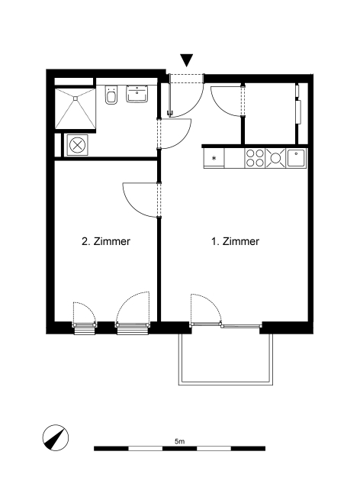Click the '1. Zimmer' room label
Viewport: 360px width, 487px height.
(x=235, y=241)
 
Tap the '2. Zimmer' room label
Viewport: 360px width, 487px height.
(x=106, y=241)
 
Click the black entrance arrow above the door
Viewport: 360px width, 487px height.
(x=187, y=60)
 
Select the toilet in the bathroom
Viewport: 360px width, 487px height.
(x=111, y=95)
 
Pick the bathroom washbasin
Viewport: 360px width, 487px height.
(x=137, y=94)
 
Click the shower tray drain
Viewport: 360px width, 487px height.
(x=75, y=98)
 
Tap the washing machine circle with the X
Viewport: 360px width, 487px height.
(x=77, y=145)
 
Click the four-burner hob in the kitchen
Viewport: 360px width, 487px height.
(x=255, y=158)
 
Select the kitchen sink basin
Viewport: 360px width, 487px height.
(x=297, y=158)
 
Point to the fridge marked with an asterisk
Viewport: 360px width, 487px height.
(x=214, y=158)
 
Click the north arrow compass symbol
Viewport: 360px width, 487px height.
(x=56, y=437)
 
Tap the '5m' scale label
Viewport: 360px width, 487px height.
(x=180, y=440)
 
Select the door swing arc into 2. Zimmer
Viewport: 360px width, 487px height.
(x=134, y=208)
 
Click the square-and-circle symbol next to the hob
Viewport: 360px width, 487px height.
(x=275, y=158)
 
